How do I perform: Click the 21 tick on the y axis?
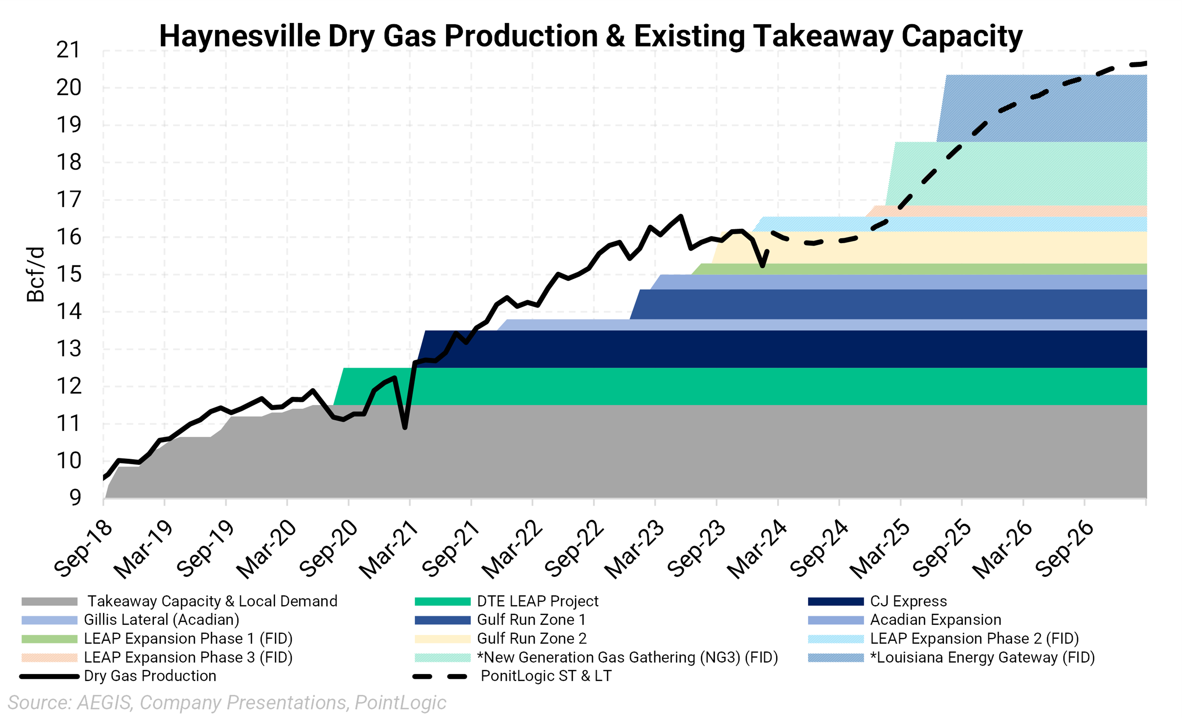pyautogui.click(x=69, y=50)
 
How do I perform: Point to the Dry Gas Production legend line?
pyautogui.click(x=49, y=676)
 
